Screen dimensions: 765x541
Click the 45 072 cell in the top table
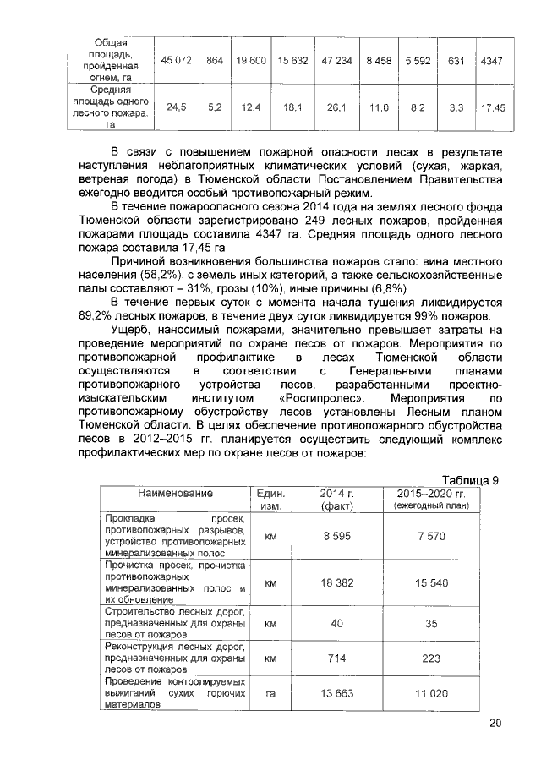click(x=178, y=61)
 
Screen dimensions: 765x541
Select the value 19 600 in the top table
click(x=252, y=61)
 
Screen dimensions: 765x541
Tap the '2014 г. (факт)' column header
click(x=336, y=499)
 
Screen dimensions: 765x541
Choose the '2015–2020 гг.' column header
click(x=431, y=493)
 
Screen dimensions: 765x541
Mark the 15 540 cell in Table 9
click(x=432, y=582)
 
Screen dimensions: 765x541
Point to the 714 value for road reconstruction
click(x=336, y=658)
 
